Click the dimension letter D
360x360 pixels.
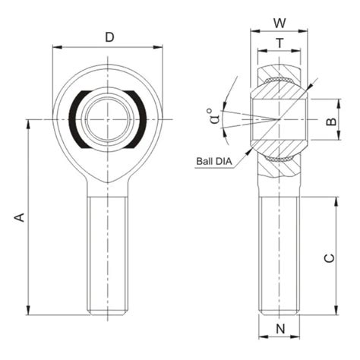pyautogui.click(x=109, y=36)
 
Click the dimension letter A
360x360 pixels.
pyautogui.click(x=21, y=217)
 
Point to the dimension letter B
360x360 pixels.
pyautogui.click(x=330, y=121)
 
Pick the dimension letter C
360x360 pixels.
pyautogui.click(x=329, y=257)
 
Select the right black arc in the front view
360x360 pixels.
pyautogui.click(x=139, y=119)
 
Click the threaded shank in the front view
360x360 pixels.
pyautogui.click(x=107, y=254)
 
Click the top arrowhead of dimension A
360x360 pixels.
pyautogui.click(x=28, y=122)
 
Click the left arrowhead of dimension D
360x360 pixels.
pyautogui.click(x=55, y=47)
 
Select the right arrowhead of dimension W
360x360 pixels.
pyautogui.click(x=305, y=32)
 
